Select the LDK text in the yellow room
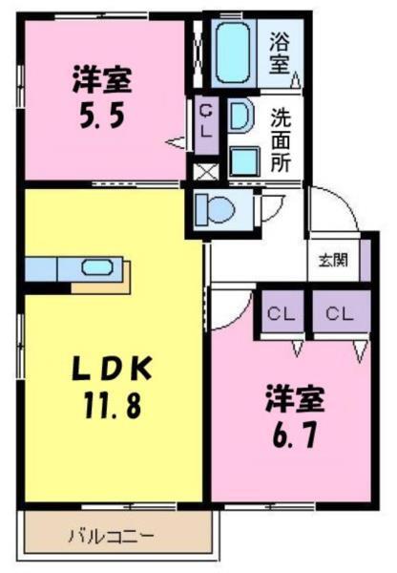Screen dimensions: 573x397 pos(109,369)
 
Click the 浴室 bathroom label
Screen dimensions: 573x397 pos(279,53)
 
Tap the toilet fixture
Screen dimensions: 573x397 pos(218,206)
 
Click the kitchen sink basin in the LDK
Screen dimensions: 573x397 pos(97,267)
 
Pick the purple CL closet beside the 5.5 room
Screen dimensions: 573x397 pos(205,121)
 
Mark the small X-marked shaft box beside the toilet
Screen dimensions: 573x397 pos(203,173)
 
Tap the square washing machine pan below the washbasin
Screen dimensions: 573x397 pos(243,159)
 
